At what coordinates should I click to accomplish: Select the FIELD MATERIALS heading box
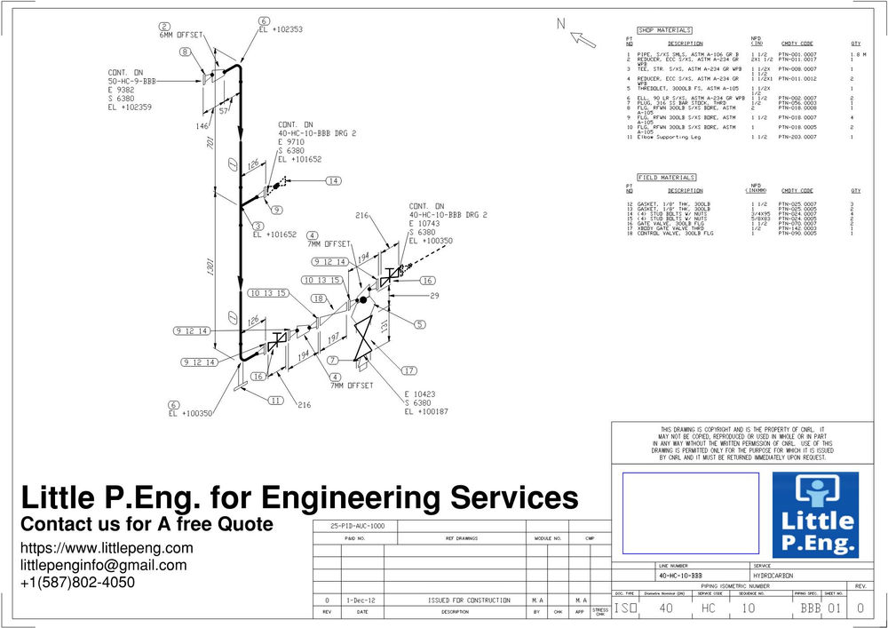tap(666, 177)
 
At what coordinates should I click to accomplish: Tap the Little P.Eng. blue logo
tap(815, 514)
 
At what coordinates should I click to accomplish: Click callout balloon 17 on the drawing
tap(409, 370)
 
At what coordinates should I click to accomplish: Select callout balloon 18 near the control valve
tap(319, 299)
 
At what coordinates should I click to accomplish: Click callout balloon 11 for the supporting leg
tap(277, 401)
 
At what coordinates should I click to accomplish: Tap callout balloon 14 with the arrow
tap(333, 180)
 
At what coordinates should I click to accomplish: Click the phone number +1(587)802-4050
tap(77, 583)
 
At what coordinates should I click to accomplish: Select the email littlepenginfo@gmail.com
tap(103, 565)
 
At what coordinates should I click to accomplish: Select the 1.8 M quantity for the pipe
tap(856, 55)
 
